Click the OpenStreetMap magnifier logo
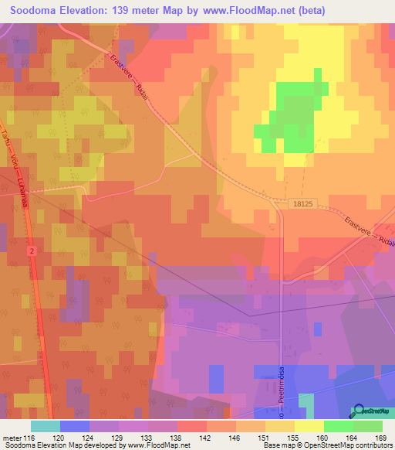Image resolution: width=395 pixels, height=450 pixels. tap(359, 411)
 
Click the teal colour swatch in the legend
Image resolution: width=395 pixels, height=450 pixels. tap(46, 426)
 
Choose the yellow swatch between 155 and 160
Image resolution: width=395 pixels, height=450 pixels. tap(309, 426)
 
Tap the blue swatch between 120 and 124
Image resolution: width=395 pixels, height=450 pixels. tap(75, 426)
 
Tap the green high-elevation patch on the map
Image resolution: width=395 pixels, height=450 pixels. tap(289, 116)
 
